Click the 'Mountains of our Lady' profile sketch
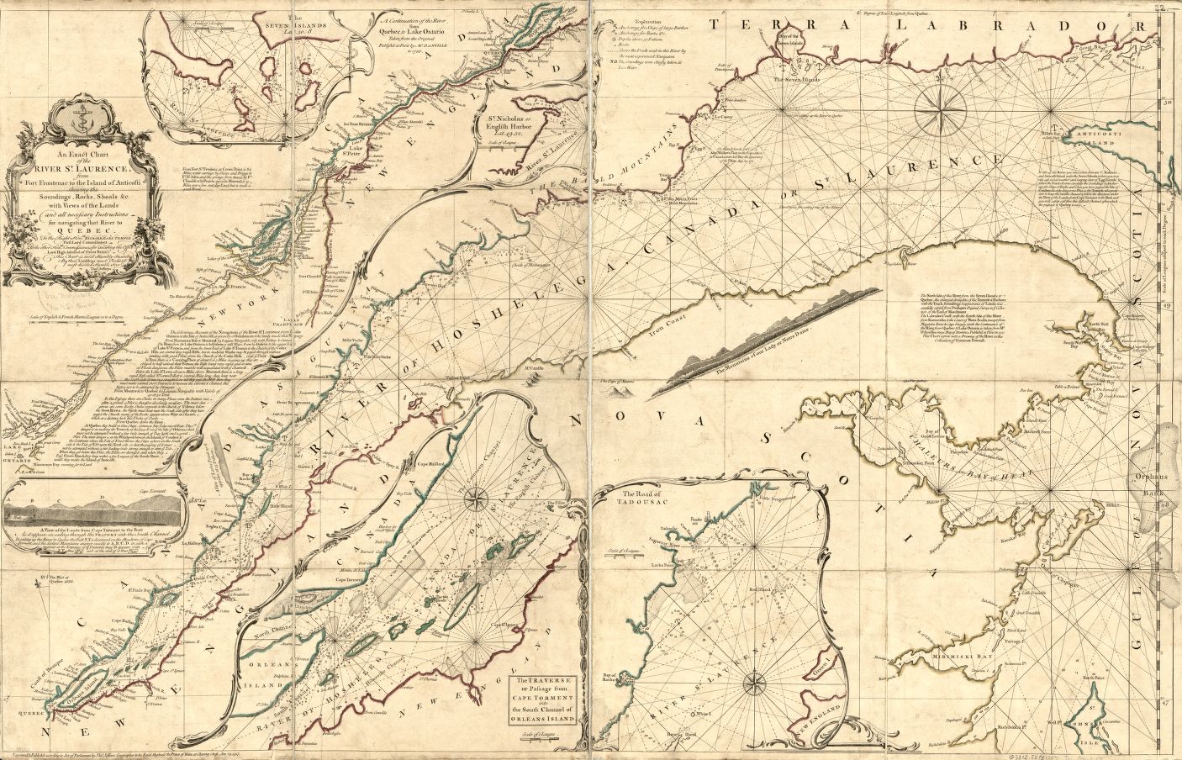[757, 336]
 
